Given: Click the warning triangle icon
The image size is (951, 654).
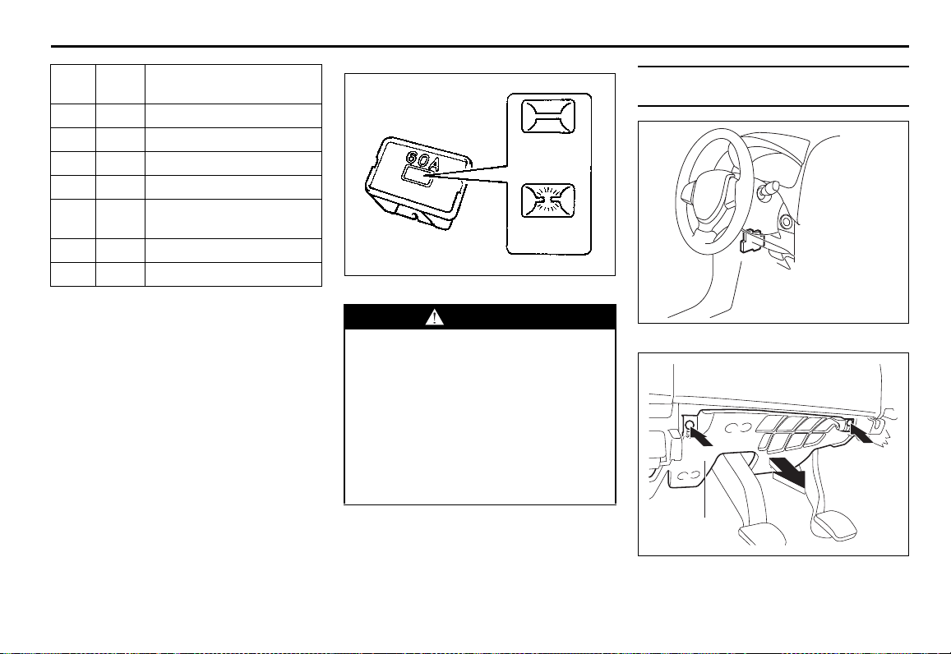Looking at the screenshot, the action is tap(434, 317).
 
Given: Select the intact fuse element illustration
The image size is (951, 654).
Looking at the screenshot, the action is tap(548, 116).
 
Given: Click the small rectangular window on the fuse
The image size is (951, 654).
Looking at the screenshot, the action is tap(416, 177).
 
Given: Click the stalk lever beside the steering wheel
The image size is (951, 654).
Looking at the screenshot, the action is tap(767, 189).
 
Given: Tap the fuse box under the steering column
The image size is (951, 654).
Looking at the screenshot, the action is tap(750, 240).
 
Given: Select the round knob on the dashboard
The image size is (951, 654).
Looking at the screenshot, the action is tap(787, 221).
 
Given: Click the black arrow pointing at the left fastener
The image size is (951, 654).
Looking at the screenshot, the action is tap(702, 438).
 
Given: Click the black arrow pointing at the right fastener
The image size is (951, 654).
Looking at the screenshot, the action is tap(862, 433).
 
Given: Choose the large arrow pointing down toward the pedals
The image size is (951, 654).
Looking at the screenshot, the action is tap(787, 472).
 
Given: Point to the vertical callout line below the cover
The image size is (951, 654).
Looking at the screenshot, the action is tap(704, 489).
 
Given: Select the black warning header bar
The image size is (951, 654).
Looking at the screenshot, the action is tap(480, 317).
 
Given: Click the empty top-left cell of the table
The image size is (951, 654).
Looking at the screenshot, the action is tap(73, 85).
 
